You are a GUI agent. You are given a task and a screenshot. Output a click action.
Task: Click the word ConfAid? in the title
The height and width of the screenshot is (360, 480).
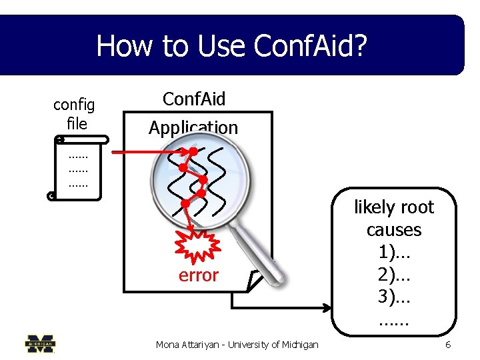point(311,46)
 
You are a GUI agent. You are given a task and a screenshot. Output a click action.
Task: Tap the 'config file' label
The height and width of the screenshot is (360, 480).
point(74,113)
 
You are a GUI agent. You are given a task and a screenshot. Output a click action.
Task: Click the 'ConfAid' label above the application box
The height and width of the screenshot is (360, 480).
point(194,99)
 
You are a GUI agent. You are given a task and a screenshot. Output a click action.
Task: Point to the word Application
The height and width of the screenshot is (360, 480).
point(193,127)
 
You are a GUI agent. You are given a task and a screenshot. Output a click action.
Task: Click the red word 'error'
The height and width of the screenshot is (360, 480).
point(198,275)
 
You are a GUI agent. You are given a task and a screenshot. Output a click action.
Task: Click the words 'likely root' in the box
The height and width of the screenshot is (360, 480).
point(393,207)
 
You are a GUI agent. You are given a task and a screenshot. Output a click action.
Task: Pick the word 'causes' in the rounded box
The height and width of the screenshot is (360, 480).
point(393,230)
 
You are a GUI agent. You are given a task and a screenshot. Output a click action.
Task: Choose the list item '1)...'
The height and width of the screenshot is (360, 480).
point(393,253)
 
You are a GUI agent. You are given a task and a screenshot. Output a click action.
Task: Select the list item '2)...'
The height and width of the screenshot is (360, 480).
point(393,275)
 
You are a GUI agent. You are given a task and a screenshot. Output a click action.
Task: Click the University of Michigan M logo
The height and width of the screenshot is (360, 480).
point(41,343)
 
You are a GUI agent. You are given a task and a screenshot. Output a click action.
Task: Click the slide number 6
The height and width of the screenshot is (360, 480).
point(448,345)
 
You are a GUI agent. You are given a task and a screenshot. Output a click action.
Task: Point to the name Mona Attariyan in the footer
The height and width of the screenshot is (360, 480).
point(189,345)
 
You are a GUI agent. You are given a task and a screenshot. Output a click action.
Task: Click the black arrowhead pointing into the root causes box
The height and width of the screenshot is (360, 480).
point(327,308)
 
